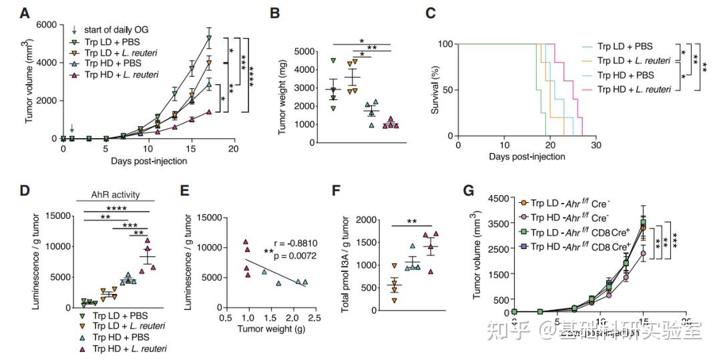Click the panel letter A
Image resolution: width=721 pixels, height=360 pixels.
pyautogui.click(x=25, y=12)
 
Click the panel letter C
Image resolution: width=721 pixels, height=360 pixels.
pyautogui.click(x=431, y=12)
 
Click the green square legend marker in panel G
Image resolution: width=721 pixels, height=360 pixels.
pyautogui.click(x=525, y=231)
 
